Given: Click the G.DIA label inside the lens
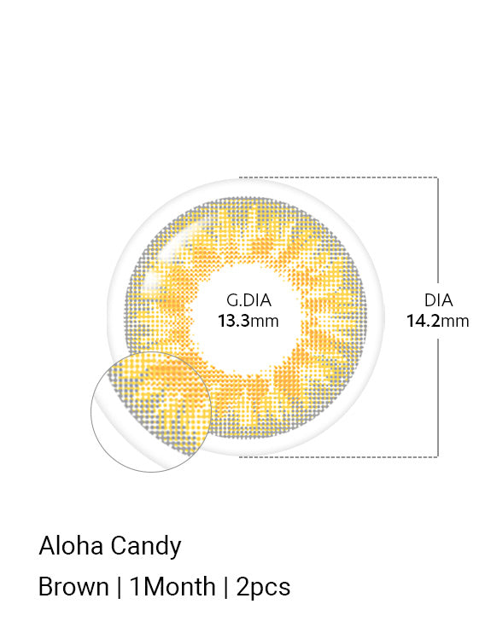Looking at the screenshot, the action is pyautogui.click(x=248, y=300).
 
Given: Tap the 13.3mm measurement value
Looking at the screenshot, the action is pyautogui.click(x=248, y=322).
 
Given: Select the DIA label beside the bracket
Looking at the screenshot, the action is pyautogui.click(x=438, y=300).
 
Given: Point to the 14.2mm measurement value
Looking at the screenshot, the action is pyautogui.click(x=438, y=322).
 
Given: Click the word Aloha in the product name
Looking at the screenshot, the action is pyautogui.click(x=71, y=546).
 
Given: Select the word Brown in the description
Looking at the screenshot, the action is pyautogui.click(x=73, y=587).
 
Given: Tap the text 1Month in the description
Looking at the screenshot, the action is pyautogui.click(x=172, y=587).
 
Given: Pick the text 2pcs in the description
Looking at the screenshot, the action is pyautogui.click(x=263, y=588).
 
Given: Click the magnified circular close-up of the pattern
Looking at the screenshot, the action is pyautogui.click(x=151, y=412).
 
